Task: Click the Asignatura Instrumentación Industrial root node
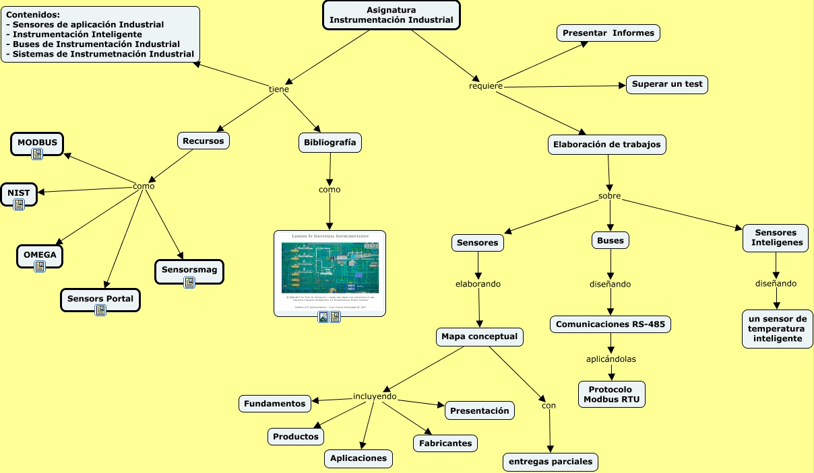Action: point(391,15)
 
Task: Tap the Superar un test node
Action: point(667,85)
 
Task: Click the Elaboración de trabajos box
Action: point(607,145)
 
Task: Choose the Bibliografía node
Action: point(330,143)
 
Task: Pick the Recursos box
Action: point(204,141)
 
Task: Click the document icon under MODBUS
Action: point(37,155)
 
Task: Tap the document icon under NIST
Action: point(19,205)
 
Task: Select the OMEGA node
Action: point(40,256)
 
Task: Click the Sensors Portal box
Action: point(100,299)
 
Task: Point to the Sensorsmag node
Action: point(189,270)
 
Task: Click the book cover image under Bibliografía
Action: point(330,267)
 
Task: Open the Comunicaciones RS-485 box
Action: point(610,324)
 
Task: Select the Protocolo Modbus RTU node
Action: point(611,394)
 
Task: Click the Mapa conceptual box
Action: point(479,336)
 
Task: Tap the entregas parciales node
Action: point(551,462)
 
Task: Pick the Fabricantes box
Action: point(445,443)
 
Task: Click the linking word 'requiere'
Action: point(486,87)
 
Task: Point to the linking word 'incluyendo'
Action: point(375,396)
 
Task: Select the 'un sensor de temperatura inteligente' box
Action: point(777,329)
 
